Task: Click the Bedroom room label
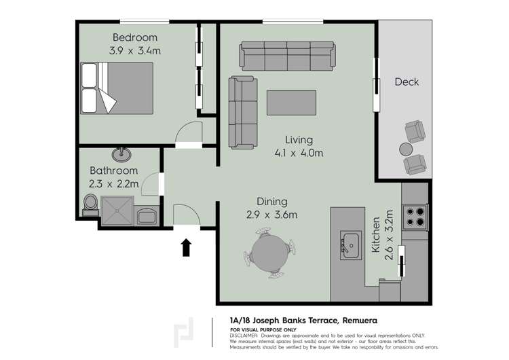135,37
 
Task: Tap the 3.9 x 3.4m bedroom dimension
135,51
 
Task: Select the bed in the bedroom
117,88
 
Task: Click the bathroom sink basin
121,155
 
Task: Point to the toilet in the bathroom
90,205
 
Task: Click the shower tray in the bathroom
117,211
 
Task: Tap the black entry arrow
186,247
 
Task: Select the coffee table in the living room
292,103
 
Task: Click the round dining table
269,253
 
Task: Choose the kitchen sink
351,245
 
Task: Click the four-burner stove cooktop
415,217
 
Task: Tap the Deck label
407,82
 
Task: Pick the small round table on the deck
406,149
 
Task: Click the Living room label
299,140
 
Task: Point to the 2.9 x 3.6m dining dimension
271,215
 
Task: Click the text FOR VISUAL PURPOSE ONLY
263,330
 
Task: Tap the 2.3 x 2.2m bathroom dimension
113,184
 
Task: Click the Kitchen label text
375,234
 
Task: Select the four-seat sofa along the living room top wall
287,56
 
